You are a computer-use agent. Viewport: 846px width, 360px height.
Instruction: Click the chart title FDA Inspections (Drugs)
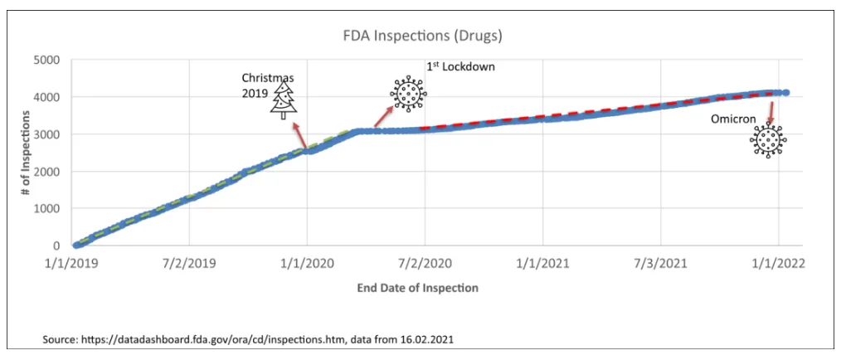point(423,36)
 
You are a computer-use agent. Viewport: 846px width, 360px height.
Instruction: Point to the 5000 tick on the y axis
point(46,60)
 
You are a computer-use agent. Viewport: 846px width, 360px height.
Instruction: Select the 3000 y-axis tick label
point(46,134)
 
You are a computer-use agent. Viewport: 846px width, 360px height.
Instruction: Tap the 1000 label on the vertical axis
point(46,209)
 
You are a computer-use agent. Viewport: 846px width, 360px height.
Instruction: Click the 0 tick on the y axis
point(56,246)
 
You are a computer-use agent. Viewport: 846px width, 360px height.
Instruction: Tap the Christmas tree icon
point(284,100)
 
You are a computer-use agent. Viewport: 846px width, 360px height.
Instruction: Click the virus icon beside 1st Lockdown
point(407,94)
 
